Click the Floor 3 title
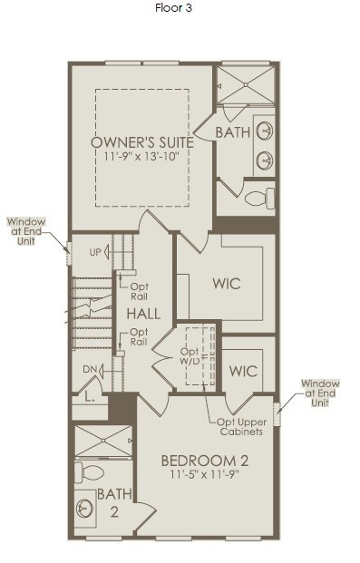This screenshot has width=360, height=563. click(x=173, y=8)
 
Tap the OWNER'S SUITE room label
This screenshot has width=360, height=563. click(x=142, y=142)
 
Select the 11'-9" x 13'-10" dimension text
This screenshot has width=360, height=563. click(x=141, y=157)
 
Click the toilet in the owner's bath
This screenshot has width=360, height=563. click(x=259, y=198)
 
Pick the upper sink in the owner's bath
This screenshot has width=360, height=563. click(x=265, y=131)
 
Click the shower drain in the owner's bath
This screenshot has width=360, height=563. click(x=246, y=85)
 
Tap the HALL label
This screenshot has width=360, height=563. click(x=143, y=315)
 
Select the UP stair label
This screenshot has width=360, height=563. click(x=95, y=252)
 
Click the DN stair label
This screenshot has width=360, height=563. click(x=89, y=369)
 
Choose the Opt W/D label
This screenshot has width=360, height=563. click(x=190, y=356)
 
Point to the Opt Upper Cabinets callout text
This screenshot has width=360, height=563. click(x=241, y=427)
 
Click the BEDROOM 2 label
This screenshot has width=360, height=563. click(x=205, y=461)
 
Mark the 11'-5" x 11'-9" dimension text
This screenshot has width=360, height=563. click(x=205, y=474)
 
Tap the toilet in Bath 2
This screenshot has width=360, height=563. click(x=89, y=472)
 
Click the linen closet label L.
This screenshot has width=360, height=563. click(x=90, y=397)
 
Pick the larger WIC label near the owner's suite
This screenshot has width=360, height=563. click(x=227, y=284)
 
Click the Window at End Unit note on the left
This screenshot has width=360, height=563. click(x=26, y=231)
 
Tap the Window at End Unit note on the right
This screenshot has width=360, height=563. click(x=320, y=393)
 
